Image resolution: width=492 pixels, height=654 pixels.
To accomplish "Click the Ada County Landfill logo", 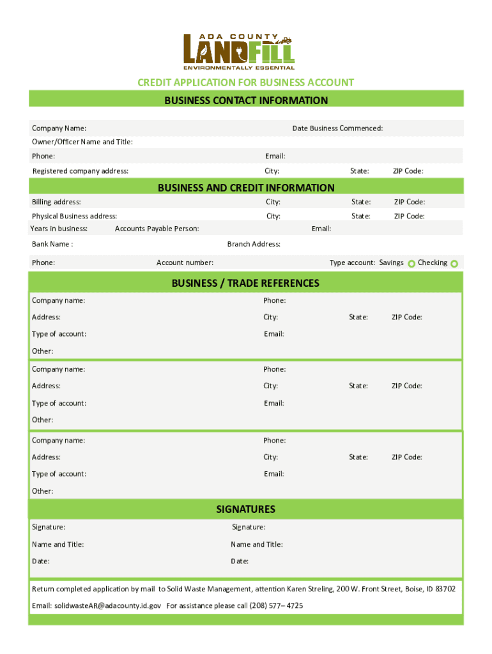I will tap(239, 51).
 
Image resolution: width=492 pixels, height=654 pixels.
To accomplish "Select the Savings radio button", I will tap(411, 264).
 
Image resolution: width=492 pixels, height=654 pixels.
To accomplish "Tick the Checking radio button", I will tap(454, 264).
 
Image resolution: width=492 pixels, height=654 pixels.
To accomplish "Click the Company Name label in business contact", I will tap(59, 128).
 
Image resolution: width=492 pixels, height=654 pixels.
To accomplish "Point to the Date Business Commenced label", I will tap(337, 128).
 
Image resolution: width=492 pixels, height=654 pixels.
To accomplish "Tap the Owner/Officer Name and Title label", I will tap(82, 142).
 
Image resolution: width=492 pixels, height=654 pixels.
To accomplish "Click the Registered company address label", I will tap(81, 171).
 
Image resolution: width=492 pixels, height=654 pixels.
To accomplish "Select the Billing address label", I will tap(56, 202).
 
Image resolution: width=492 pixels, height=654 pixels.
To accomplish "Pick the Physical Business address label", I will tap(74, 217).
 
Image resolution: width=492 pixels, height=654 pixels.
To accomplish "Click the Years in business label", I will tap(59, 229).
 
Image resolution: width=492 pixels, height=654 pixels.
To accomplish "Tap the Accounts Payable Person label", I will tap(157, 229).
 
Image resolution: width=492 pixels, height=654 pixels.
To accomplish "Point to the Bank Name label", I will tap(52, 244).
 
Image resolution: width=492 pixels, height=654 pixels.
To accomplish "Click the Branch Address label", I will tap(254, 244).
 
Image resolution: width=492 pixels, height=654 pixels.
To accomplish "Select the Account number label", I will tap(185, 262).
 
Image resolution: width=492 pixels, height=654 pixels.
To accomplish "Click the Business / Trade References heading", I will tap(245, 283).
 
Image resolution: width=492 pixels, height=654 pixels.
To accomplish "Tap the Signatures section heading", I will tap(245, 509).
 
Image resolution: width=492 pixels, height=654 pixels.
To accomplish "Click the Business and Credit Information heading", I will tap(245, 187).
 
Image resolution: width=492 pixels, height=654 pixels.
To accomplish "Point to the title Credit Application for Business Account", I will tap(245, 82).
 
